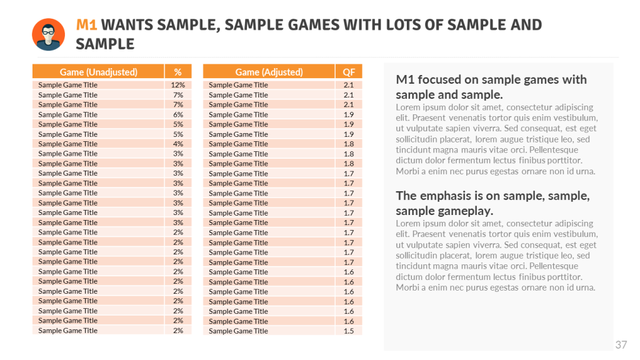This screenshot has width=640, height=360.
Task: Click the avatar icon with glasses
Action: pyautogui.click(x=48, y=34)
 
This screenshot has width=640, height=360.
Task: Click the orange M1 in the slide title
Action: pyautogui.click(x=86, y=25)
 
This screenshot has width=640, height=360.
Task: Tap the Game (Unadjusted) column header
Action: pyautogui.click(x=98, y=72)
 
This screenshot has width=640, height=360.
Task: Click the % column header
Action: pyautogui.click(x=177, y=72)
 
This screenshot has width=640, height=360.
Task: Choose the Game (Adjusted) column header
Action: pyautogui.click(x=269, y=72)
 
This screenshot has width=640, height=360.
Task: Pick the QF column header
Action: pyautogui.click(x=348, y=72)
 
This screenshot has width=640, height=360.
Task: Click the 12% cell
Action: pyautogui.click(x=177, y=85)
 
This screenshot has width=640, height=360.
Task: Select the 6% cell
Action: pyautogui.click(x=177, y=114)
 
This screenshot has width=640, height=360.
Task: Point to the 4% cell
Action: pyautogui.click(x=177, y=144)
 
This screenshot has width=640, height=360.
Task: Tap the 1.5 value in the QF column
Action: pyautogui.click(x=348, y=331)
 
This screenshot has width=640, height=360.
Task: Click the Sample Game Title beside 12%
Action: pyautogui.click(x=67, y=85)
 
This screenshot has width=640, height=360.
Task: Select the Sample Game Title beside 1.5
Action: pyautogui.click(x=238, y=331)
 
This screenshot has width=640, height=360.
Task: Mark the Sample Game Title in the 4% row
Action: pyautogui.click(x=67, y=144)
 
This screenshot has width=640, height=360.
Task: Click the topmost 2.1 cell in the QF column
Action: pyautogui.click(x=348, y=85)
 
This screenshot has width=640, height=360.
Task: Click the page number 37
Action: pyautogui.click(x=621, y=344)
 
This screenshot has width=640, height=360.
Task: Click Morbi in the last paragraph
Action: pyautogui.click(x=406, y=287)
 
